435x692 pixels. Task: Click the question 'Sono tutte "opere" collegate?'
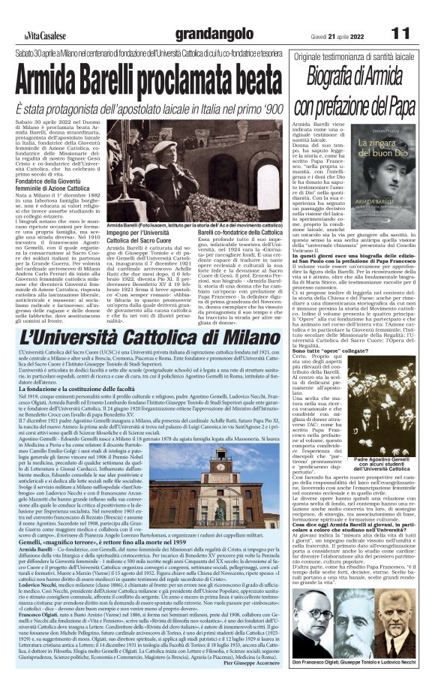point(319,349)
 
